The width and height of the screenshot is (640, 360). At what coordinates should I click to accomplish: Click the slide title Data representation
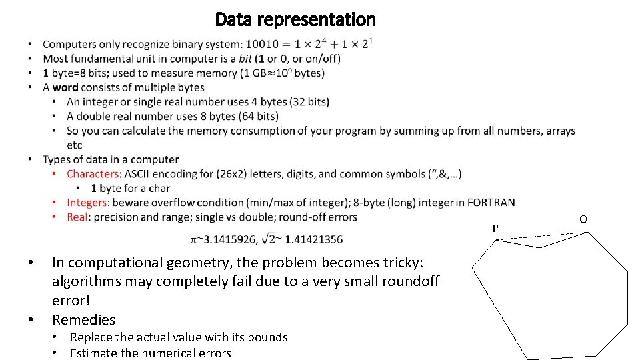pyautogui.click(x=295, y=20)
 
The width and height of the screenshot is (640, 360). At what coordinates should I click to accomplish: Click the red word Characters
pyautogui.click(x=93, y=174)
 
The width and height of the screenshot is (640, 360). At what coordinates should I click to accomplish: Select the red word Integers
pyautogui.click(x=87, y=203)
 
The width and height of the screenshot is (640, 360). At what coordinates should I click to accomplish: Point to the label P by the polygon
pyautogui.click(x=495, y=229)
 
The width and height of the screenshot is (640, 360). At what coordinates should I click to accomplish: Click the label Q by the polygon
pyautogui.click(x=583, y=219)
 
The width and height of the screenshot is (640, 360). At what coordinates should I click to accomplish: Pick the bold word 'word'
pyautogui.click(x=65, y=87)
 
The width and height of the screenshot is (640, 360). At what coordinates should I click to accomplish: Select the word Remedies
pyautogui.click(x=83, y=319)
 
